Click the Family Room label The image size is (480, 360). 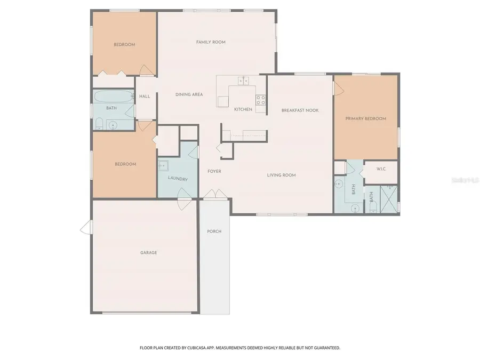tap(211, 42)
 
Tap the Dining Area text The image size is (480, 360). tap(189, 94)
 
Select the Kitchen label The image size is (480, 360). tap(243, 109)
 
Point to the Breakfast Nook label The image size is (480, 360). tap(300, 110)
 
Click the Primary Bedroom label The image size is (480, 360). tap(365, 118)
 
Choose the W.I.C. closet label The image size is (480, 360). tap(381, 169)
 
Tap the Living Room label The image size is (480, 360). tap(281, 175)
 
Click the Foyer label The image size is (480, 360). tap(214, 171)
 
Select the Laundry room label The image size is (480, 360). tap(178, 179)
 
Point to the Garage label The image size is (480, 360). tap(148, 253)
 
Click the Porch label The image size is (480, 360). tap(214, 231)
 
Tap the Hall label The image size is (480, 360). tap(145, 97)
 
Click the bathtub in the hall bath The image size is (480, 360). tap(114, 97)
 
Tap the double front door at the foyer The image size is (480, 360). tap(211, 195)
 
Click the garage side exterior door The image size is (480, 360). tap(85, 228)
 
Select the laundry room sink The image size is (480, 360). tap(163, 166)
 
